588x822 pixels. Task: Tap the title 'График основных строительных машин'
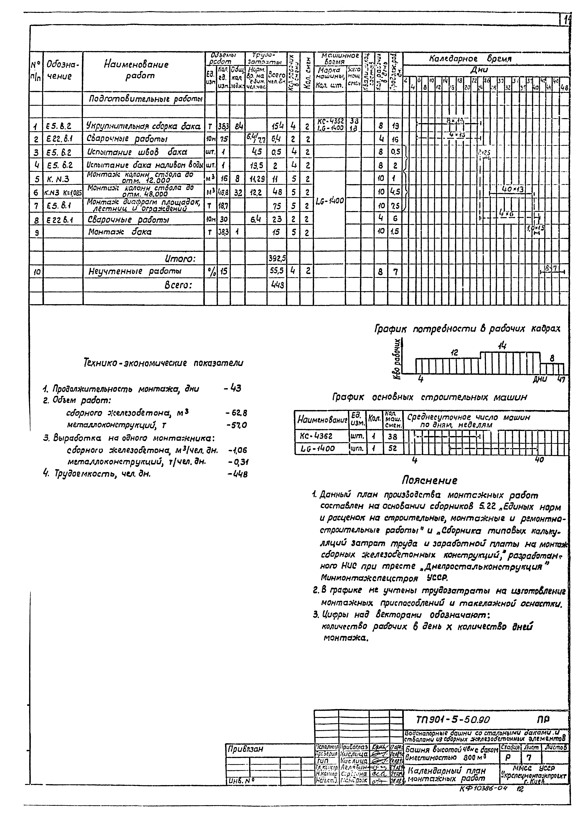point(429,397)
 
